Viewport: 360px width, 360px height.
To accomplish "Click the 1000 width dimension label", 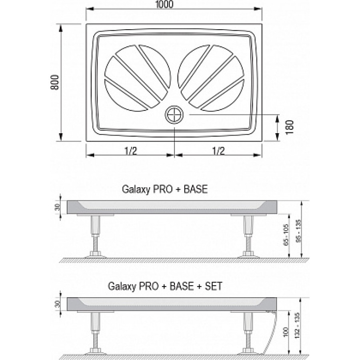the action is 165,4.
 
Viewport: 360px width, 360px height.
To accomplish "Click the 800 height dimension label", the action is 55,82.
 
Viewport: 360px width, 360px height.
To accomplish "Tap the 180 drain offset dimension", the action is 290,127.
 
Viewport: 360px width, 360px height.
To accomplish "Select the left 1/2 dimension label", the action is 131,151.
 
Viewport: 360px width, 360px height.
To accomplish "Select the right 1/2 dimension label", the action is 218,151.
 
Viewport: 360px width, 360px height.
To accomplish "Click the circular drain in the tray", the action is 174,114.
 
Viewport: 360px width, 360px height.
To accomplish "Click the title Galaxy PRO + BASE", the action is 165,190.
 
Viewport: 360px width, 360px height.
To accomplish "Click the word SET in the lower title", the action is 213,286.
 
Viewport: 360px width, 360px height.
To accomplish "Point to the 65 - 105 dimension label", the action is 286,235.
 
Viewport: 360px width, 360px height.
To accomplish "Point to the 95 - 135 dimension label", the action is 298,231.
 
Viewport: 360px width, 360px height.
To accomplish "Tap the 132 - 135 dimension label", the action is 297,325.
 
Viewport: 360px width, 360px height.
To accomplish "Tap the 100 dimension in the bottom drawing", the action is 285,332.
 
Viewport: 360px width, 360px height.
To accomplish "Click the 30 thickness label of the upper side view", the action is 58,207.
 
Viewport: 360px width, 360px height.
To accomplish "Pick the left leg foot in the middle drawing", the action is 95,255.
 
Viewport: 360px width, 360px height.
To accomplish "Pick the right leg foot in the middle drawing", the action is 248,255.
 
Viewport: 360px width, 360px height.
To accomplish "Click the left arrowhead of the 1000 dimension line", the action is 90,9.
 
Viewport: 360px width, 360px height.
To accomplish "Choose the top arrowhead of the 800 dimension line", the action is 61,28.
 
